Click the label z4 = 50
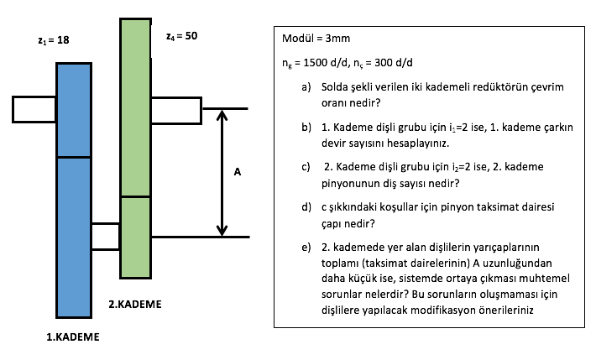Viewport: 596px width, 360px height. (x=181, y=37)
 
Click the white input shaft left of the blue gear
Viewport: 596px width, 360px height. (x=34, y=109)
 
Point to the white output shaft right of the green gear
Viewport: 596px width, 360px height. (x=176, y=110)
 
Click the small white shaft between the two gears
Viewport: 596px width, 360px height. (x=105, y=236)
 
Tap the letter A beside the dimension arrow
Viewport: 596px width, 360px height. (x=238, y=172)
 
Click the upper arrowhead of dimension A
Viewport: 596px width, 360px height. (x=222, y=115)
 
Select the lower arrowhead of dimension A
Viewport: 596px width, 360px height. (x=222, y=230)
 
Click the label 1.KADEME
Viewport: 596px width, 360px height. (x=73, y=337)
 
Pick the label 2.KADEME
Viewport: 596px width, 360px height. (x=135, y=303)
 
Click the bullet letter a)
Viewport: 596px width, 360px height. (x=306, y=86)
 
